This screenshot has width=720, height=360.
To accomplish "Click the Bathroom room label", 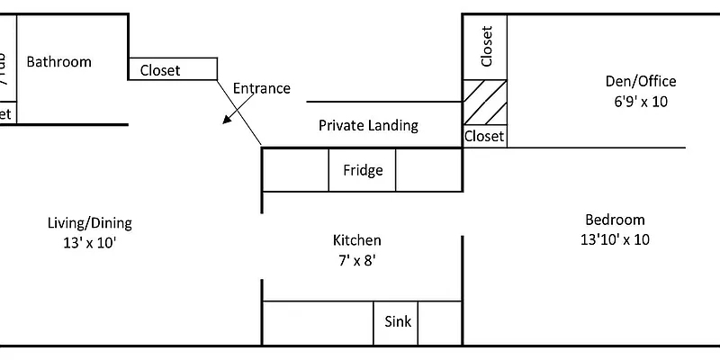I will tap(58, 62).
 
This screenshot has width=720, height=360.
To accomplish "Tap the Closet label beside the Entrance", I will tap(160, 69).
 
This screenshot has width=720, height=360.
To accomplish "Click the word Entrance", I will tap(261, 88).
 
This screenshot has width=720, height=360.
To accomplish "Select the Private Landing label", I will tap(368, 125).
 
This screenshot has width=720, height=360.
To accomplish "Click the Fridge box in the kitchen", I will tap(363, 170).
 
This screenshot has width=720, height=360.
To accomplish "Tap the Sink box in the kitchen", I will tap(398, 321).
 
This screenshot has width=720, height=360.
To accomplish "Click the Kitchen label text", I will tap(357, 240).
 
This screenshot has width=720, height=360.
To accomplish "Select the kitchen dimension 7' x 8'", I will tap(357, 260).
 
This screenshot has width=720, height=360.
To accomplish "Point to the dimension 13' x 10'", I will tap(89, 242).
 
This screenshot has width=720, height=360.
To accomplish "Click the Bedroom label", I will tap(615, 220).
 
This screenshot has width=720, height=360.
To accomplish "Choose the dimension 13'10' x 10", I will tap(615, 239).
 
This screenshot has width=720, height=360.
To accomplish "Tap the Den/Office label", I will tap(640, 82).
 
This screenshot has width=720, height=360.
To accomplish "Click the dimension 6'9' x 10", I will tap(640, 102).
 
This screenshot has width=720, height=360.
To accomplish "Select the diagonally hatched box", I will tap(485, 102).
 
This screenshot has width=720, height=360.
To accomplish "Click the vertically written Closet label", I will tap(487, 47).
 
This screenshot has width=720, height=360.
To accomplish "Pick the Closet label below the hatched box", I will tap(484, 137).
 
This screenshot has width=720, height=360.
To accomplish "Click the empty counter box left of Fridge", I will tap(295, 170).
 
